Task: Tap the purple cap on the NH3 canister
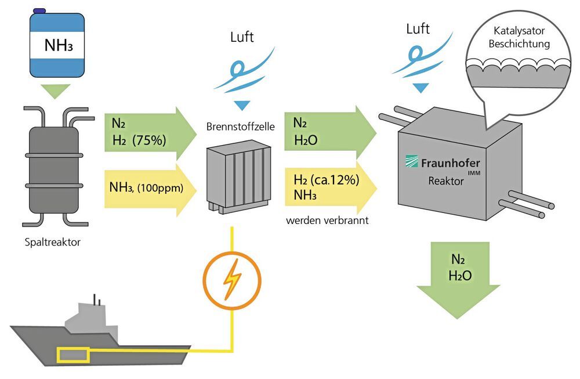(40, 10)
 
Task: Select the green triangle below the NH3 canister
(56, 91)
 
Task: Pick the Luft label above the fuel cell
(241, 39)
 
